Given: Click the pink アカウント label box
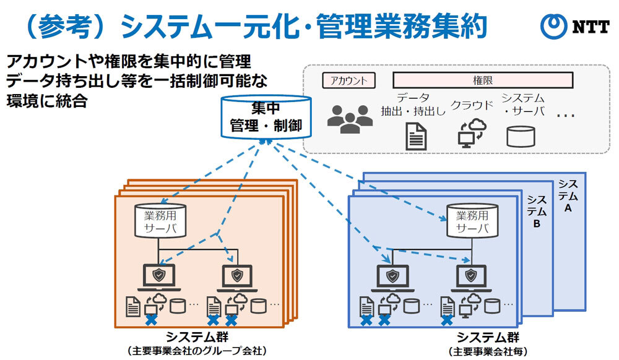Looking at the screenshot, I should click(x=349, y=80).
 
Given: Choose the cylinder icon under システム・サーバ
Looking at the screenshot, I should click(x=521, y=136).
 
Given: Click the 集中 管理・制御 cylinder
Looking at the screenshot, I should click(x=266, y=118).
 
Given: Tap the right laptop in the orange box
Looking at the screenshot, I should click(x=235, y=276).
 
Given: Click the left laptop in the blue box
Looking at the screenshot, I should click(x=391, y=276).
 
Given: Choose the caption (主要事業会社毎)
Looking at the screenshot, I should click(x=488, y=351).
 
